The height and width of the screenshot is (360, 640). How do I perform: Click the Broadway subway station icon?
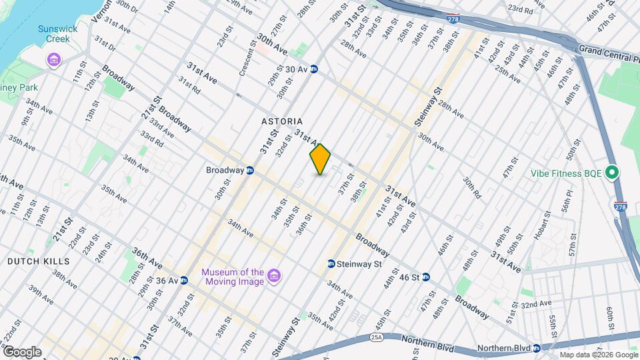pyautogui.click(x=250, y=170)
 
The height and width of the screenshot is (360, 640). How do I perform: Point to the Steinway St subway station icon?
pyautogui.click(x=331, y=264)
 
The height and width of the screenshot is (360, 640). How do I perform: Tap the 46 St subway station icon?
pyautogui.click(x=425, y=277)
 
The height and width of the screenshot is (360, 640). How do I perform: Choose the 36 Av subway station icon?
pyautogui.click(x=183, y=281)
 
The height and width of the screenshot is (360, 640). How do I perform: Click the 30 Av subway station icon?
pyautogui.click(x=313, y=69)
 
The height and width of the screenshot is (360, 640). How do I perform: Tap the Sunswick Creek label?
pyautogui.click(x=57, y=33)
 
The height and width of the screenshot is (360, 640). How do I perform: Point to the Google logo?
pyautogui.click(x=22, y=351)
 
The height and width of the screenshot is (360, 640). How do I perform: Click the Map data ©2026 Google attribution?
pyautogui.click(x=598, y=355)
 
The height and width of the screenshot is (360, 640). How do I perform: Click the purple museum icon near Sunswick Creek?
pyautogui.click(x=53, y=61)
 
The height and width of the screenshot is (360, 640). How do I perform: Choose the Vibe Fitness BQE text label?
pyautogui.click(x=567, y=173)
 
